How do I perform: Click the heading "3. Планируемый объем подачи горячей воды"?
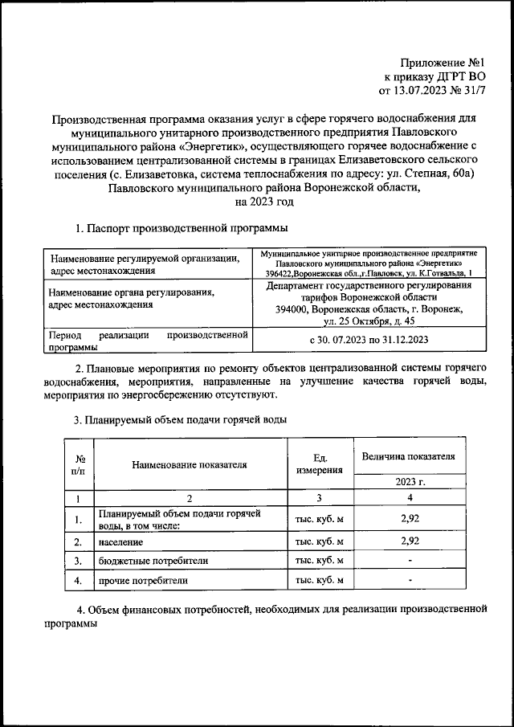(x=180, y=419)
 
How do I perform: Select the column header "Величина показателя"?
(x=409, y=455)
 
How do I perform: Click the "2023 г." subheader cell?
(x=410, y=482)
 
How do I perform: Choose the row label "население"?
(x=120, y=541)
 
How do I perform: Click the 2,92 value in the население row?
(x=410, y=541)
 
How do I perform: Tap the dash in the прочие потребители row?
(x=410, y=579)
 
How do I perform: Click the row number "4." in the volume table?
(x=79, y=579)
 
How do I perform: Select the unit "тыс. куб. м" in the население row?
(x=319, y=541)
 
